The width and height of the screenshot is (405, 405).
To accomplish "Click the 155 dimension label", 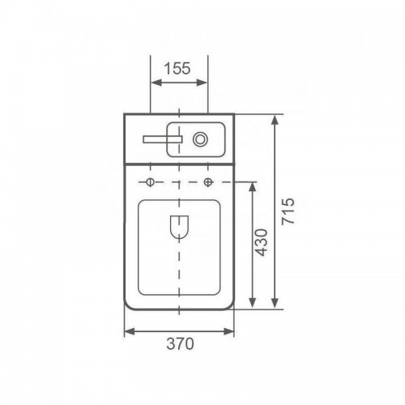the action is pos(177,68).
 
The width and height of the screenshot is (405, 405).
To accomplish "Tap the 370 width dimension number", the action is pos(180,343).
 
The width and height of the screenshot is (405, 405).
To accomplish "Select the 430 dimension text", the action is pos(262,242).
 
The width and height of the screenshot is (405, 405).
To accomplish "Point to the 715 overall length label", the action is pos(288,211).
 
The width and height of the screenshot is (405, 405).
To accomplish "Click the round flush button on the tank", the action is pos(200,139).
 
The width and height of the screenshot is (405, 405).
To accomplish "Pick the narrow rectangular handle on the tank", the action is pos(163,139).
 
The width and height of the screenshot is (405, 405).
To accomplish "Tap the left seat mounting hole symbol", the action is pos(150,182).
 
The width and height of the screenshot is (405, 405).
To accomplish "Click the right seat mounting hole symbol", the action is pos(207,182).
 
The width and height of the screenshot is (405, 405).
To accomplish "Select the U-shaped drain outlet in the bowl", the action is pos(179,227).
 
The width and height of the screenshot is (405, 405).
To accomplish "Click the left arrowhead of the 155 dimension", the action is pos(156,83).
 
